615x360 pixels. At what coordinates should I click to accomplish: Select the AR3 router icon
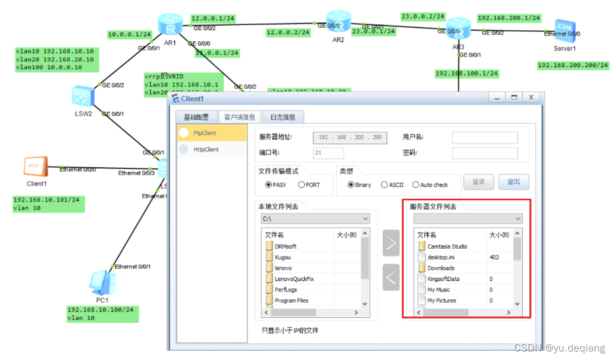tap(455, 28)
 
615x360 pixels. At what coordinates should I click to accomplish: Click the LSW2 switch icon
tap(82, 96)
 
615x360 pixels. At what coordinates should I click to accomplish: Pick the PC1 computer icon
tap(99, 282)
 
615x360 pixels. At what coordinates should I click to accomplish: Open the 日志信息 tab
tap(282, 117)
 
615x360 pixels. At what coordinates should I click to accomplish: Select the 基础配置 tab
tap(196, 117)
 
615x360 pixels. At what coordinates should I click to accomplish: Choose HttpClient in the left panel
tap(206, 149)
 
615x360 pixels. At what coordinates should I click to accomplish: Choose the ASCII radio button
tap(385, 185)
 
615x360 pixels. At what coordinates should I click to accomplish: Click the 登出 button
tap(513, 182)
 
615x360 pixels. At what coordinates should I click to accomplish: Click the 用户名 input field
tap(485, 138)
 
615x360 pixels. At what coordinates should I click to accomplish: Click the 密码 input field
tap(485, 153)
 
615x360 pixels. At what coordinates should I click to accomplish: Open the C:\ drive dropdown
tap(315, 219)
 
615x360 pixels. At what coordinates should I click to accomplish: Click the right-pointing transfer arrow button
tap(391, 244)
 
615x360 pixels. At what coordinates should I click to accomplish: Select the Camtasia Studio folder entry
tap(447, 247)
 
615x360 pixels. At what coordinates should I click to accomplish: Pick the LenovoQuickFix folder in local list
tap(294, 279)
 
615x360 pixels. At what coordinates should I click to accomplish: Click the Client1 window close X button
tap(530, 97)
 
